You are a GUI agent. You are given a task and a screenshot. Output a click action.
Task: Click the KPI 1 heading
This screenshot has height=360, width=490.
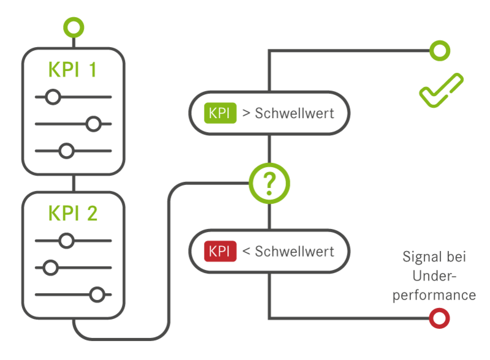[x=72, y=70]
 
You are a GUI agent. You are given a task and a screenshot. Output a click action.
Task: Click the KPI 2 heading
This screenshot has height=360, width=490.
[x=72, y=214]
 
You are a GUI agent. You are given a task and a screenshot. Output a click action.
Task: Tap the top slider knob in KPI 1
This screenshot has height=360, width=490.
[x=53, y=97]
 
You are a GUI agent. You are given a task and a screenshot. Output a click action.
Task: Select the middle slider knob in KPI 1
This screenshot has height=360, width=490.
[x=93, y=124]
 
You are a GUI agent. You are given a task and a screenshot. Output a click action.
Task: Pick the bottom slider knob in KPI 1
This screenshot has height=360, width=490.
[x=66, y=151]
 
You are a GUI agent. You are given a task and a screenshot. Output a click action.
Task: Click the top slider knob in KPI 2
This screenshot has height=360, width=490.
[x=66, y=241]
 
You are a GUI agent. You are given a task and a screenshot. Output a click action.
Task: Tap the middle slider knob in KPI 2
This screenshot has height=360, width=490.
[x=51, y=268]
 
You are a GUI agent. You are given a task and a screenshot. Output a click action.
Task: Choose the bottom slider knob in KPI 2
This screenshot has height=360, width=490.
[x=96, y=294]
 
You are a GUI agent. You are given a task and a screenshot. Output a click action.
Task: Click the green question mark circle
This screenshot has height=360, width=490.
[x=269, y=182]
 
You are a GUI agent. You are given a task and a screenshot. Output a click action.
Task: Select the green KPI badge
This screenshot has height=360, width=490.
[x=220, y=113]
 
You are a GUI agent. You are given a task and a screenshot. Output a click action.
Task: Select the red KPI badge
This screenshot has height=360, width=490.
[x=220, y=252]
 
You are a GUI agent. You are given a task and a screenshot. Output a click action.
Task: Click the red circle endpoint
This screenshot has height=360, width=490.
[x=439, y=318]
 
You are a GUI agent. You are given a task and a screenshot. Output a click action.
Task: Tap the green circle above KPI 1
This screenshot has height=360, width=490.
[x=73, y=28]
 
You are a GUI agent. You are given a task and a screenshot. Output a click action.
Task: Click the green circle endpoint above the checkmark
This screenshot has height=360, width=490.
[x=439, y=50]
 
